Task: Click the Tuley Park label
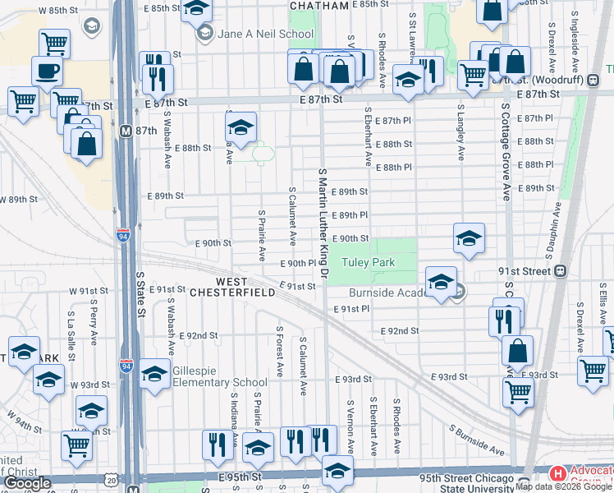(369, 263)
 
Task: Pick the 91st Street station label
(526, 270)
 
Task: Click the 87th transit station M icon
(126, 131)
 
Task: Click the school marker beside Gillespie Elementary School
(154, 374)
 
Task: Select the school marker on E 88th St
(241, 127)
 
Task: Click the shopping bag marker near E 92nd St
(517, 351)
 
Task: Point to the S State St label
(140, 296)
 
